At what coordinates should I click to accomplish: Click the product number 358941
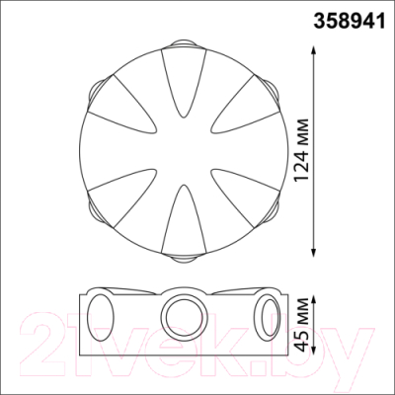349,22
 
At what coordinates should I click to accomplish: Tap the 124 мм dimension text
302,150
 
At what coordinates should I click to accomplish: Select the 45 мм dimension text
302,324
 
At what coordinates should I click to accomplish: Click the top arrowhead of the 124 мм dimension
314,50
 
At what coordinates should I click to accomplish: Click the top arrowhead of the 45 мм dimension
314,300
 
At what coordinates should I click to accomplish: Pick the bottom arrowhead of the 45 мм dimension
314,350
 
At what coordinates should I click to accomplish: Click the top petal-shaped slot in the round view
184,82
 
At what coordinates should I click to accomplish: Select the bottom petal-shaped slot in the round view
184,219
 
